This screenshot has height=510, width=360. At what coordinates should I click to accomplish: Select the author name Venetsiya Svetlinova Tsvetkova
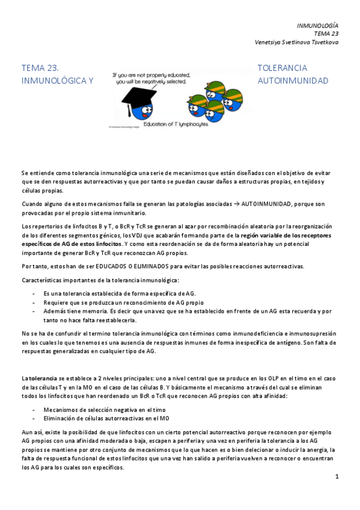[x=296, y=42]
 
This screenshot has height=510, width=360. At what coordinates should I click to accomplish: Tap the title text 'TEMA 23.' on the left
[x=40, y=68]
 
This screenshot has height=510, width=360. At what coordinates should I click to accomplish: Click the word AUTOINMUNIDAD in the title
[x=293, y=81]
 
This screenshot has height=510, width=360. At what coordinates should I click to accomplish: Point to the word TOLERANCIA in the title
[x=282, y=68]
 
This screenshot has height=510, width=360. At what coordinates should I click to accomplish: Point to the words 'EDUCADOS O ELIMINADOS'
[x=100, y=266]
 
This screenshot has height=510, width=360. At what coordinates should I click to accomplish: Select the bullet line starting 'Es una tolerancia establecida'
[x=120, y=293]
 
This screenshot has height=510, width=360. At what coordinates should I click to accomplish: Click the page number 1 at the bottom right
[x=337, y=476]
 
